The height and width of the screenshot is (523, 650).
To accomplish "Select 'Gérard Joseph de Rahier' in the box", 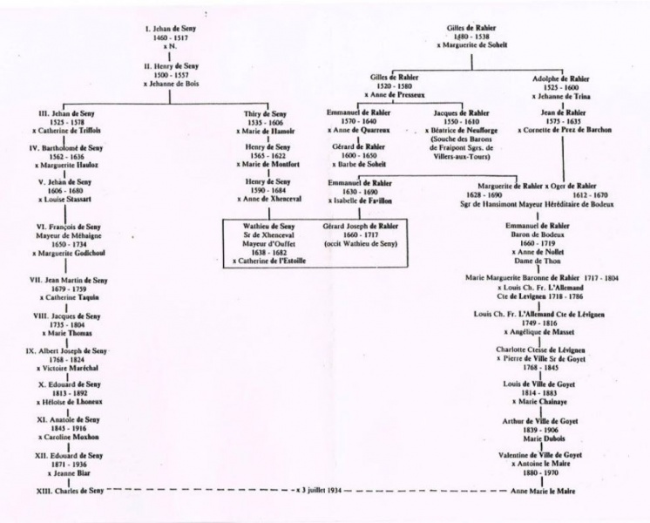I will (360, 225).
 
